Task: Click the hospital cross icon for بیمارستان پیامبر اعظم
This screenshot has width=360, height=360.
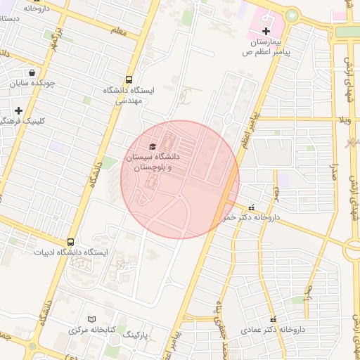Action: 266,31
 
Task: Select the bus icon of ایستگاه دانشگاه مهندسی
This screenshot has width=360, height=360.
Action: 129,79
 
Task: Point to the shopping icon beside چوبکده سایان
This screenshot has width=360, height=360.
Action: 32,72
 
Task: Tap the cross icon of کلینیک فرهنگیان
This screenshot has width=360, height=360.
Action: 18,110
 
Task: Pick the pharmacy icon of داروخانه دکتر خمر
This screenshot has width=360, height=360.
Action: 252,207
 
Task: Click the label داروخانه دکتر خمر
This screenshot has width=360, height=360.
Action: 250,218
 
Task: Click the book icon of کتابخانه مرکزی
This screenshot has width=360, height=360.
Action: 89,319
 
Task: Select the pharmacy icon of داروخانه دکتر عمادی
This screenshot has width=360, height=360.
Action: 271,320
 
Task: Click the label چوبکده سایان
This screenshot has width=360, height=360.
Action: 33,83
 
